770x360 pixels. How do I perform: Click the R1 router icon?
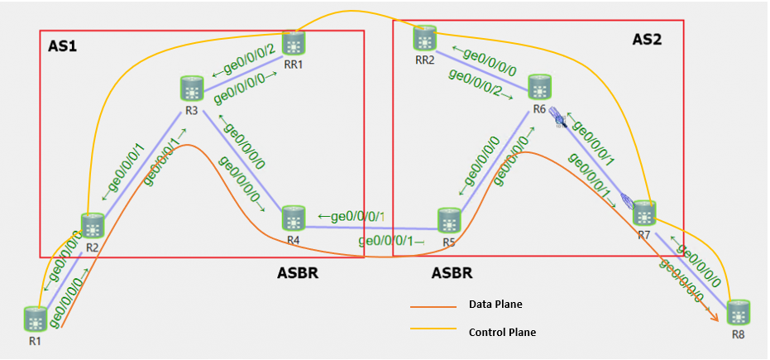coord(34,318)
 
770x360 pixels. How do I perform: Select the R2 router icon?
coord(91,225)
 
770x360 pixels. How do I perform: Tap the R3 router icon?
coord(191,88)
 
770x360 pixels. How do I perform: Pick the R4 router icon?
coord(294,218)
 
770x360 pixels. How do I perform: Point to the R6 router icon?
coord(539,86)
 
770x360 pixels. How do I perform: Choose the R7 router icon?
coord(644,214)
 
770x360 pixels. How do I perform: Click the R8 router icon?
coord(738,313)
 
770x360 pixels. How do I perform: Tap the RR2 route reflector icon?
coord(425,37)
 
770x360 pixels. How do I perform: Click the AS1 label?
coord(62,47)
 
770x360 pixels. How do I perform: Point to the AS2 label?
coord(646,39)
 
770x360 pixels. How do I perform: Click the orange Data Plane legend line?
coord(433,307)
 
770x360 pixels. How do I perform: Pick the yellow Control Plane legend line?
coord(433,330)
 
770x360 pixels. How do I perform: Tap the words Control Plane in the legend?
coord(502,332)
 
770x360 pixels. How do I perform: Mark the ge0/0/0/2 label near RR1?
coord(244,63)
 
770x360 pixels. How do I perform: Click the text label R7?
coord(643,236)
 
